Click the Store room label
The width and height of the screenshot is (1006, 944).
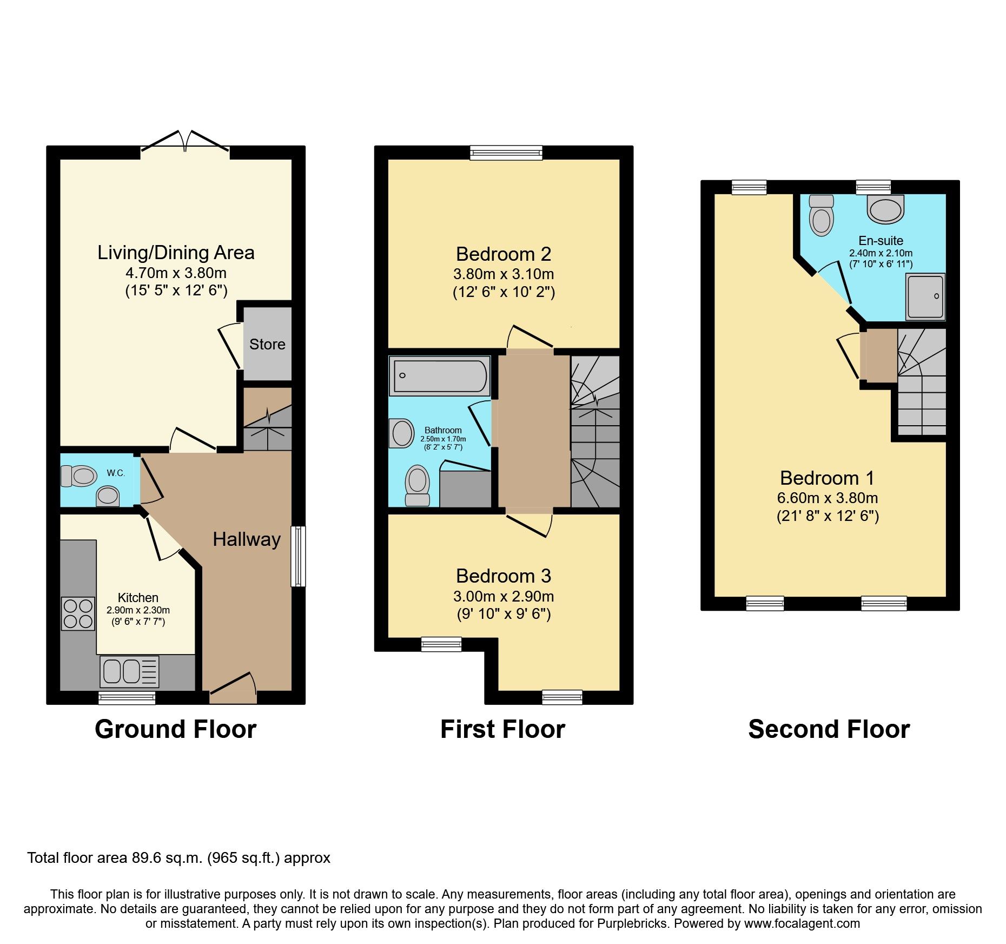[x=267, y=344]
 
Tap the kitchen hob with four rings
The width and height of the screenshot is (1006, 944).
[x=78, y=613]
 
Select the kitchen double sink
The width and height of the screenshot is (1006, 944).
[x=129, y=672]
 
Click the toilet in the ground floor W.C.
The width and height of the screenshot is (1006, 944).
[x=78, y=476]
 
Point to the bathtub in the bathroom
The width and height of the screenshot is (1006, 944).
[x=440, y=375]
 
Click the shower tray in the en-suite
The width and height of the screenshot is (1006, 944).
[x=925, y=296]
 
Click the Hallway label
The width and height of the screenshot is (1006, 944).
[x=247, y=539]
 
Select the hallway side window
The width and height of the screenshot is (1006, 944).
[x=298, y=556]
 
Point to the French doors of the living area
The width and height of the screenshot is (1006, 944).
[x=185, y=141]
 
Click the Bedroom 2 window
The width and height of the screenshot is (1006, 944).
[x=506, y=153]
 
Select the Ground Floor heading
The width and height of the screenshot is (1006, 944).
[x=175, y=729]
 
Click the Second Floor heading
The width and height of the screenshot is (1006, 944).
[x=829, y=729]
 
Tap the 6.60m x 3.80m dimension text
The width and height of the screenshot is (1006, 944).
[x=828, y=498]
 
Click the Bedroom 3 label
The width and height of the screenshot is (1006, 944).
[x=503, y=576]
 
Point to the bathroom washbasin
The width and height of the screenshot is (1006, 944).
[x=401, y=433]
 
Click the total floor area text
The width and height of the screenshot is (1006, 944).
[x=178, y=858]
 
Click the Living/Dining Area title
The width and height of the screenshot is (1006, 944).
[x=176, y=253]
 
